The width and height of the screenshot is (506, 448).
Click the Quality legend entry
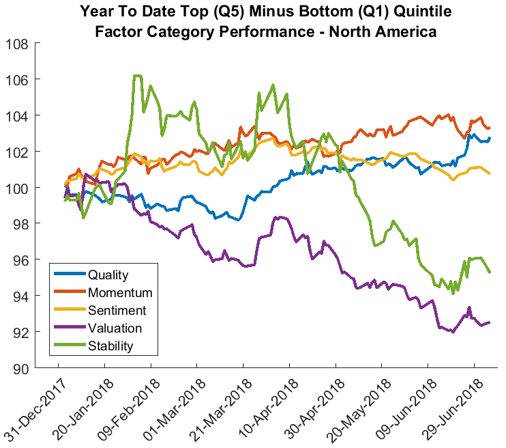tap(108, 275)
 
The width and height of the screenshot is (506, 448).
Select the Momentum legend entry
tap(120, 293)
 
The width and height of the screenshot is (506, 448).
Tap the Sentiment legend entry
tap(118, 311)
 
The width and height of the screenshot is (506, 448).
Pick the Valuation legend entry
tap(115, 328)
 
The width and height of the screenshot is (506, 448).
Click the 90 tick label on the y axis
tap(20, 369)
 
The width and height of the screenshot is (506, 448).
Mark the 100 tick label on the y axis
tap(16, 188)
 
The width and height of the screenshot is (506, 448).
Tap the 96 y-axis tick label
tap(20, 260)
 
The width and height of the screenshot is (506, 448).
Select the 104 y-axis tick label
tap(16, 116)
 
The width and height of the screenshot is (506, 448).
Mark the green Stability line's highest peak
tap(137, 76)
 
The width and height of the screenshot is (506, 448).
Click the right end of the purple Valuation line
tap(490, 322)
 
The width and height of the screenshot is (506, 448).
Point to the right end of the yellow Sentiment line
tap(490, 173)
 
